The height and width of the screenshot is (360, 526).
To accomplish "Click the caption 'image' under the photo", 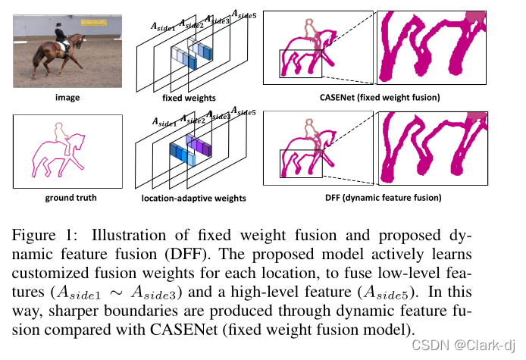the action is coord(67,98).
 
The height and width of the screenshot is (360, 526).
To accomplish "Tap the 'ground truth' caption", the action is coord(67,198).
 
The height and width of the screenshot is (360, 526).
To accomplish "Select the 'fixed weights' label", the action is coord(189,98).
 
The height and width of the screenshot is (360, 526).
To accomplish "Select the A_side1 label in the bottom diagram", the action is coord(165,121).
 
